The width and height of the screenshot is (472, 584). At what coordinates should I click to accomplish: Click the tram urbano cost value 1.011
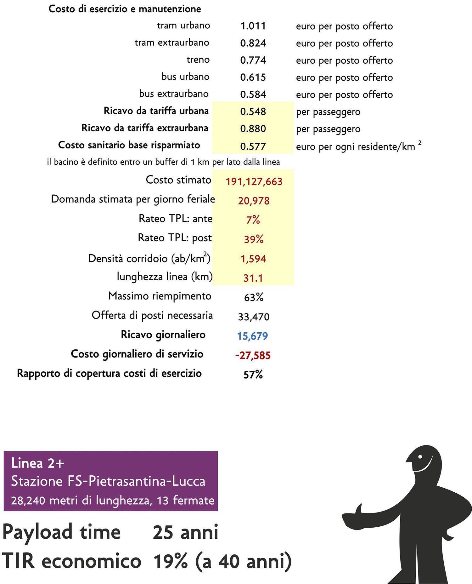(x=253, y=26)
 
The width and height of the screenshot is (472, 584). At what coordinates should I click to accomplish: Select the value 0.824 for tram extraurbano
(x=253, y=43)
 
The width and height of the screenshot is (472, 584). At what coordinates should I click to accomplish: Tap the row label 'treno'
(x=198, y=60)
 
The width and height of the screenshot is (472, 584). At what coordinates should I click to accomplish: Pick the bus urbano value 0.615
(x=253, y=77)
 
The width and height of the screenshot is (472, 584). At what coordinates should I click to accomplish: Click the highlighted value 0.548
(x=253, y=112)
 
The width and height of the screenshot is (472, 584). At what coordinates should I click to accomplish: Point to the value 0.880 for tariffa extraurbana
(x=253, y=129)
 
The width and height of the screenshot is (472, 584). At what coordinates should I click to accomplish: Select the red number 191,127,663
(x=254, y=182)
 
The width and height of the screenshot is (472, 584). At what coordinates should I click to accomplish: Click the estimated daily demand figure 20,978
(x=254, y=201)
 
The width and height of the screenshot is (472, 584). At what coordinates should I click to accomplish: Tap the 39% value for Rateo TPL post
(x=254, y=239)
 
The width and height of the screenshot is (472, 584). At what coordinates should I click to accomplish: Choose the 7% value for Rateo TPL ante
(x=253, y=220)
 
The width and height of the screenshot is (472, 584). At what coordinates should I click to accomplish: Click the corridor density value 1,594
(x=253, y=259)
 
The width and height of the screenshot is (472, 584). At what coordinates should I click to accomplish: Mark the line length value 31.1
(x=253, y=278)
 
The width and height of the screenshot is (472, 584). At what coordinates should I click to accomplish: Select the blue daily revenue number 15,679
(x=252, y=336)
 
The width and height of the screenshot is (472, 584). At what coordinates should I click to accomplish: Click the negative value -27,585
(x=253, y=356)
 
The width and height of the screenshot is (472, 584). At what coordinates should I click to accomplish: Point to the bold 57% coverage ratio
(x=253, y=375)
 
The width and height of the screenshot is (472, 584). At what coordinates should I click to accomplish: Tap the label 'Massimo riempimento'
(x=160, y=296)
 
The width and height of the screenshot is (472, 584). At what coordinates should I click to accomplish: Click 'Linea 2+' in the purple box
(x=37, y=463)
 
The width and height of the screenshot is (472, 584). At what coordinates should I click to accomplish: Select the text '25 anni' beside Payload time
(x=185, y=532)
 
